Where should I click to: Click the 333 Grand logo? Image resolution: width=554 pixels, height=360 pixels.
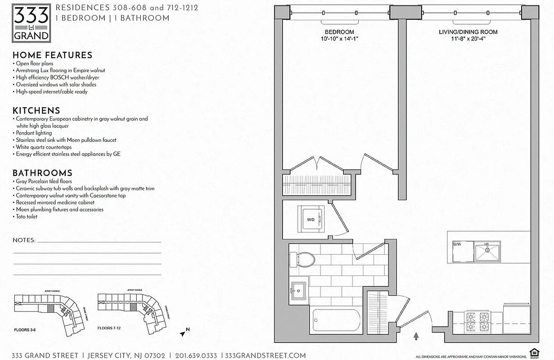coord(31,23)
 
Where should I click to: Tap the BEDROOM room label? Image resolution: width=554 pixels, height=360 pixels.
coord(340,32)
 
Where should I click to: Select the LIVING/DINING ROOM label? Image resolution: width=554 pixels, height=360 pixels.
coord(468,32)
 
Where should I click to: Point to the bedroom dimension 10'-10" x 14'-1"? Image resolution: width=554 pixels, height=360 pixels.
coord(340,39)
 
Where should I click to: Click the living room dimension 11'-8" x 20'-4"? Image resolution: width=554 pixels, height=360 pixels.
coord(468,39)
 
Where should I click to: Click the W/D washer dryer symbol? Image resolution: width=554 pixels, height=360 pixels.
coord(311,219)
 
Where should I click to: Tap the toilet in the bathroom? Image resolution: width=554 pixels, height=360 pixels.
coord(302,260)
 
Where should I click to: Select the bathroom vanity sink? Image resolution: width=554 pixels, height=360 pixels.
coord(298,290)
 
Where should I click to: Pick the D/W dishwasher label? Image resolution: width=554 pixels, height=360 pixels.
coord(457,244)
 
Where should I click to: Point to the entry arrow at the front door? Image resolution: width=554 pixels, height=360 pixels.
coord(416,336)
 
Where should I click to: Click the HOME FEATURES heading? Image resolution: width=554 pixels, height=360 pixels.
coord(52,55)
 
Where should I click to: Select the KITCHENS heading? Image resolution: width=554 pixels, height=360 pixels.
coord(36,111)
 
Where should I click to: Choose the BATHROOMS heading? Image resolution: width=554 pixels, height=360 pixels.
coord(42,173)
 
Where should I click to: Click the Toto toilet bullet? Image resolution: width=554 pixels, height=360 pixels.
coord(27,216)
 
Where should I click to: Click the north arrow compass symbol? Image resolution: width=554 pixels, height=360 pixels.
coord(183,333)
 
